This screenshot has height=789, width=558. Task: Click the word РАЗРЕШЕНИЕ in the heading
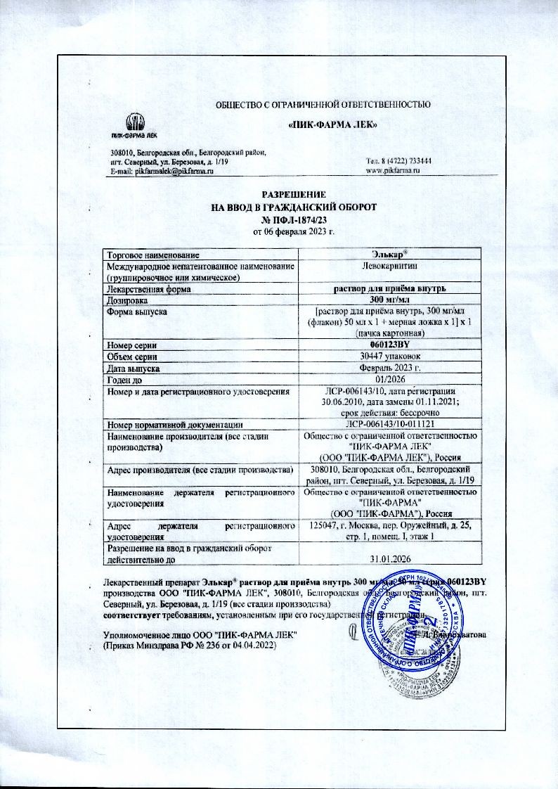(295, 193)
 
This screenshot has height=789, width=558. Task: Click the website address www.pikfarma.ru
(393, 171)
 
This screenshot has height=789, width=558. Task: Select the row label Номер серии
(131, 345)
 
